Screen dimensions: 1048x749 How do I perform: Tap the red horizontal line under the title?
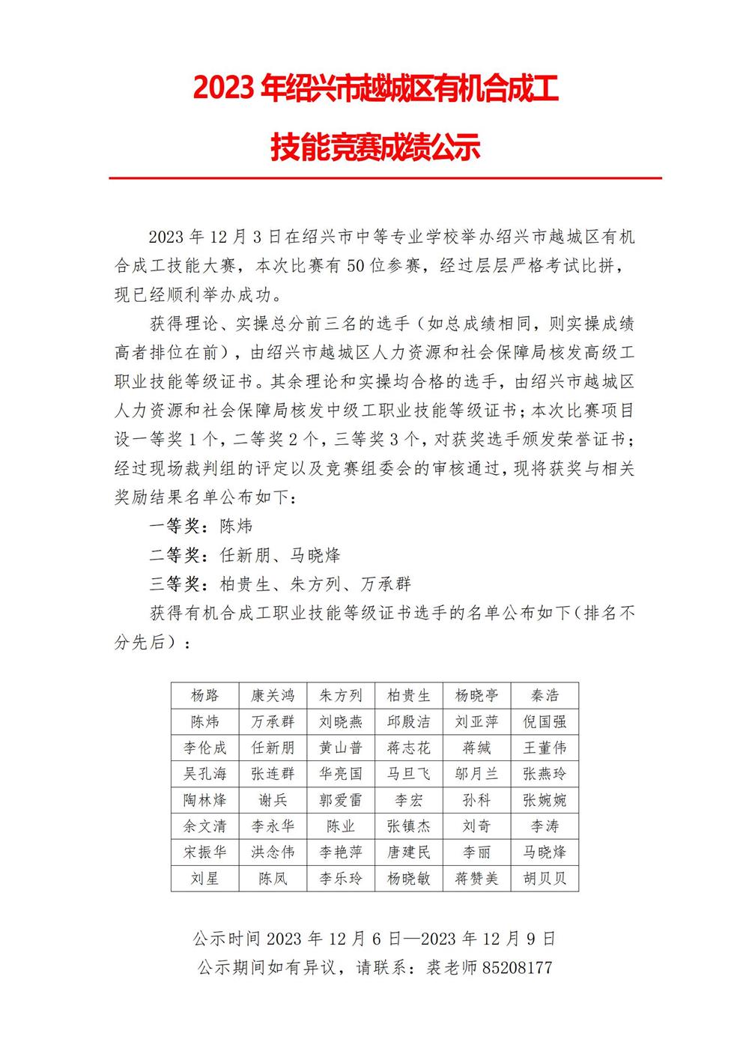[x=385, y=178]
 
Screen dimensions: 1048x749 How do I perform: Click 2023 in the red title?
[x=224, y=88]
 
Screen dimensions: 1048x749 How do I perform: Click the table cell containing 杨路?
[x=205, y=695]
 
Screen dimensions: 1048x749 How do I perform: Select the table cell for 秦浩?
[x=545, y=695]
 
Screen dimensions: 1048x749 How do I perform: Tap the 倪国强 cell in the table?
[x=545, y=721]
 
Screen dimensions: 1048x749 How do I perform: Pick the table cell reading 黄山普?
[x=341, y=748]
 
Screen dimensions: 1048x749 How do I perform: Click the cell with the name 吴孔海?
[x=205, y=774]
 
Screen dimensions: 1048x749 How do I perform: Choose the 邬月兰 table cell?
[x=476, y=774]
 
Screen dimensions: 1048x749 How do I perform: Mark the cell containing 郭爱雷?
[x=341, y=800]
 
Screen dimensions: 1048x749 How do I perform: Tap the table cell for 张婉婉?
[x=545, y=800]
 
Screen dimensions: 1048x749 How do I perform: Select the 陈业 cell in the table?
[x=341, y=826]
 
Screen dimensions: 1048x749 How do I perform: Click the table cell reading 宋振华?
[x=205, y=852]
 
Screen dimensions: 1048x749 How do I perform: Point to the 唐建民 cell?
[x=409, y=852]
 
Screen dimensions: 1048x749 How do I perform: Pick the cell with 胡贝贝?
[x=545, y=878]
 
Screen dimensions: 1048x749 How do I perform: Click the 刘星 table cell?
[x=205, y=878]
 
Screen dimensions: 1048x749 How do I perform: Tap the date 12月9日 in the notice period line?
[x=525, y=939]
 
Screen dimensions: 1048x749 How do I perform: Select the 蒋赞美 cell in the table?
[x=476, y=878]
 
